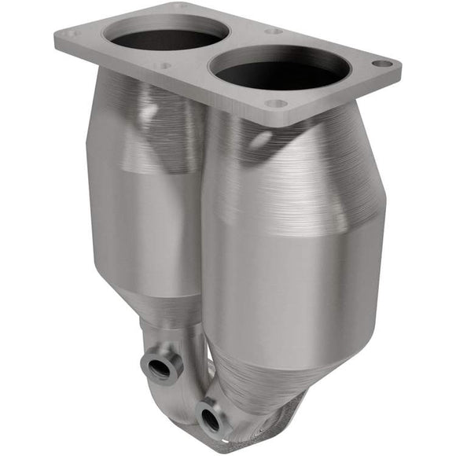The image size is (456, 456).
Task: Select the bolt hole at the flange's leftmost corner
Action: (x=72, y=34)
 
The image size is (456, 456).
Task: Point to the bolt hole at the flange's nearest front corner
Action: (x=276, y=103)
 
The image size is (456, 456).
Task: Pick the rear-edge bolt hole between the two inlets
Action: (x=274, y=31)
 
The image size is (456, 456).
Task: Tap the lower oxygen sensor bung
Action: (x=211, y=417)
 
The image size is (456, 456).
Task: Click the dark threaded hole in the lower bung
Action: (x=209, y=418)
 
